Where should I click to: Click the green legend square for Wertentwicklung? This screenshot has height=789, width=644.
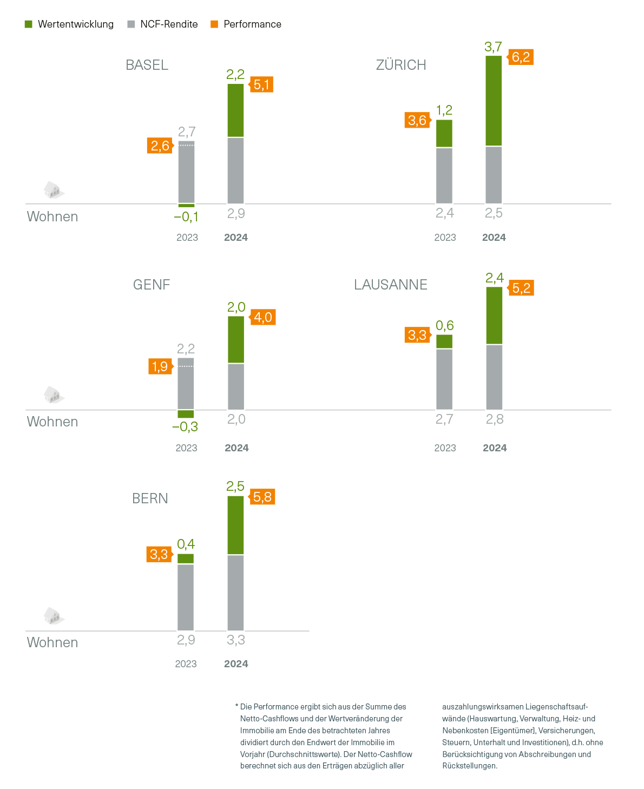tap(29, 24)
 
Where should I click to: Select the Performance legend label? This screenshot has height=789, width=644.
tap(252, 24)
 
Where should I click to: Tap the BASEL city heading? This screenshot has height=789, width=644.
tap(147, 65)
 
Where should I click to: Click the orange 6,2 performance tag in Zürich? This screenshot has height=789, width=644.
tap(521, 57)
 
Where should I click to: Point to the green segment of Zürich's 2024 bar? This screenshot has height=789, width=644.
tap(494, 101)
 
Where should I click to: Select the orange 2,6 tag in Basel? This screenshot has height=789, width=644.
tap(160, 146)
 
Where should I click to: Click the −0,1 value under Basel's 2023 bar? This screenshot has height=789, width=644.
tap(186, 217)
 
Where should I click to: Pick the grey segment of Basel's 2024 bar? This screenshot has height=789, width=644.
tap(235, 170)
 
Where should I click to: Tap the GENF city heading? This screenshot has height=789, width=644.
tap(152, 285)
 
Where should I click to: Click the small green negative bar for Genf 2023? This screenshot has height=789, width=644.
tap(186, 414)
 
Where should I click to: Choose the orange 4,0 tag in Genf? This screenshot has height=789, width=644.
tap(263, 317)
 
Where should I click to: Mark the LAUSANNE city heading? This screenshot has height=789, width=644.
tap(391, 285)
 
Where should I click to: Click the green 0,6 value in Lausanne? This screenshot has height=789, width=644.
tap(445, 325)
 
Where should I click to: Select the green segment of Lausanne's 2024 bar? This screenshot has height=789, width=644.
tap(494, 315)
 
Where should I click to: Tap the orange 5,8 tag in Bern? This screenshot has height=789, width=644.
tap(262, 497)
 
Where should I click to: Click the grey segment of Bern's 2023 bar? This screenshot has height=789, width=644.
tap(186, 597)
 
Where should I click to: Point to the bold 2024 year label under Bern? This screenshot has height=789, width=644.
tap(236, 664)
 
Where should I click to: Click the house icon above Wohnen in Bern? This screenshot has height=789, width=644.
tap(53, 616)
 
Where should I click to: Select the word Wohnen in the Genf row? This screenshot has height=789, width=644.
tap(52, 422)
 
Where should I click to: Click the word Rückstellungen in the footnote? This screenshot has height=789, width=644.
tap(469, 766)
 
